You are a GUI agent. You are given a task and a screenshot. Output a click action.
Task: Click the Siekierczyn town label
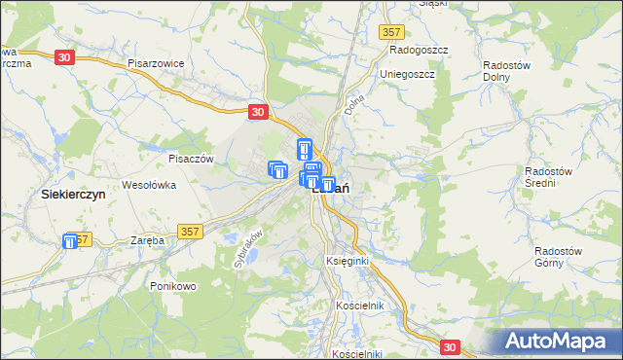[x=73, y=194]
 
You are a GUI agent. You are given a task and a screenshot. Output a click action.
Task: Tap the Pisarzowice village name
[x=156, y=63]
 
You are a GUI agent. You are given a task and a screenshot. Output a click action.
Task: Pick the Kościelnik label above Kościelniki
[x=361, y=306]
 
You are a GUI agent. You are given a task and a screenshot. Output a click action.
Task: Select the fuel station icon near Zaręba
[x=72, y=242]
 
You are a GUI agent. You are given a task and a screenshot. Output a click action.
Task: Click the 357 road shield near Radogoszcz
[x=391, y=32]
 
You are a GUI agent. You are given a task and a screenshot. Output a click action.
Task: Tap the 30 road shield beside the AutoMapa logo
[x=449, y=346]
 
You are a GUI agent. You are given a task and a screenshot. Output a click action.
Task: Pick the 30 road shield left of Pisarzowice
[x=64, y=58]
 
